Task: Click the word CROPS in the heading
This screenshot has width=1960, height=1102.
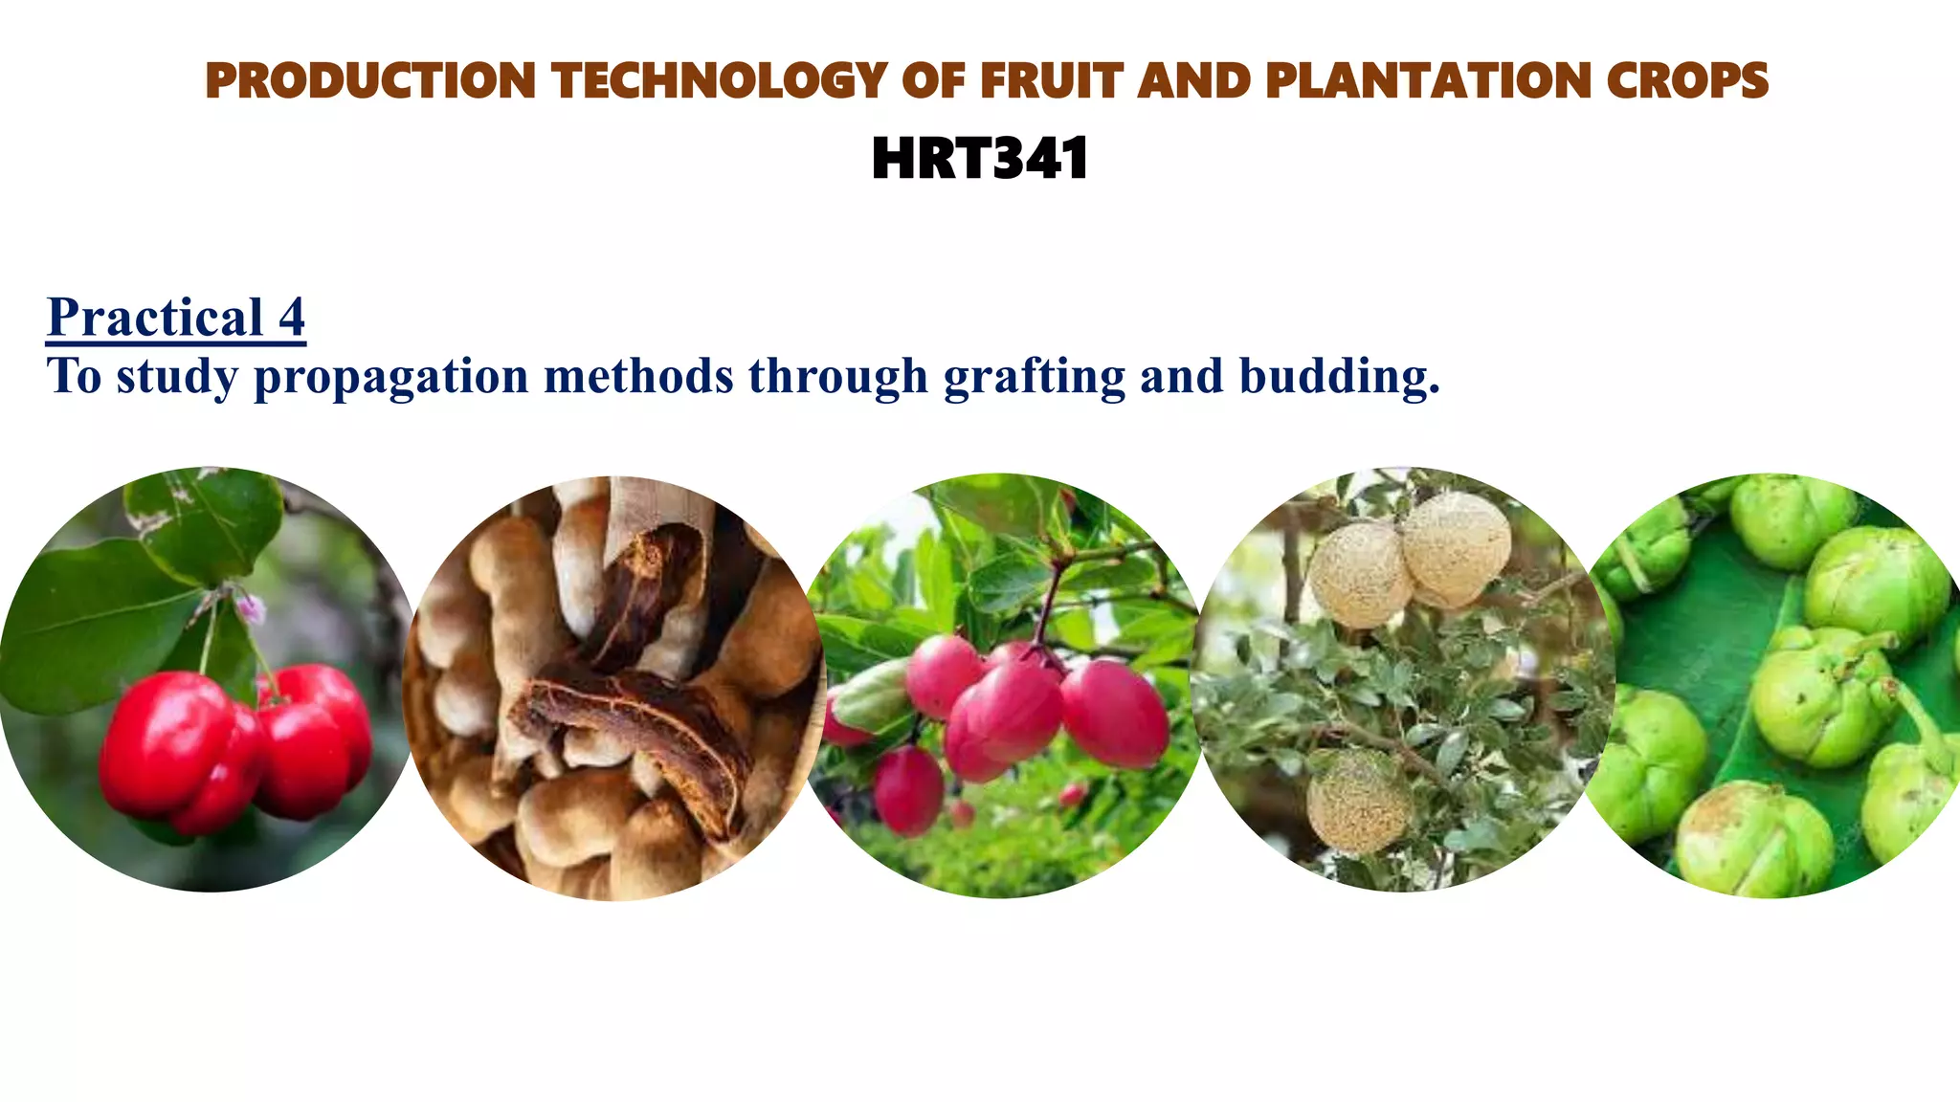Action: coord(1687,80)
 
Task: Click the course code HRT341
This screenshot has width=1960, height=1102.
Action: coord(980,159)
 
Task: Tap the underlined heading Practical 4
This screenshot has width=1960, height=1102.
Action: coord(176,317)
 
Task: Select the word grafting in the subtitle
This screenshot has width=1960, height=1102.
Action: coord(1034,376)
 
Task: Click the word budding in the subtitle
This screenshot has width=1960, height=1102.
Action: coord(1339,376)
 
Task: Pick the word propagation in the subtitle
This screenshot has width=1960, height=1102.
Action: coord(390,376)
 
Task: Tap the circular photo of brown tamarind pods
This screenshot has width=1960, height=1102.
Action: coord(612,689)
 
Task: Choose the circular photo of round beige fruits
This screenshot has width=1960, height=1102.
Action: coord(1403,679)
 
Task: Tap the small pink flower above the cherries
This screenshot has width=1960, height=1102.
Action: coord(252,606)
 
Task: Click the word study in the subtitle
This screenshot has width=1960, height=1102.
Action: coord(177,376)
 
